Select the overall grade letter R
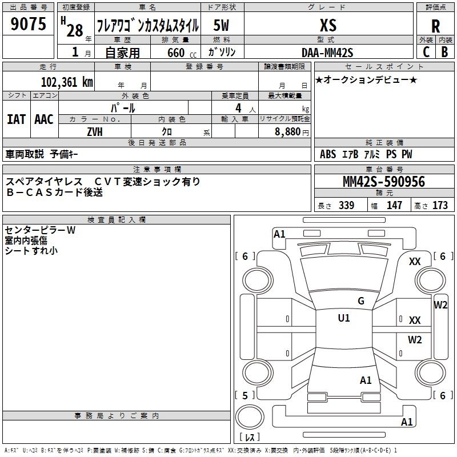click(x=435, y=26)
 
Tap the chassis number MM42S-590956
click(x=383, y=182)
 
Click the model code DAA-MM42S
click(x=327, y=53)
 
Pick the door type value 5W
click(x=222, y=25)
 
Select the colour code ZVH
click(x=95, y=131)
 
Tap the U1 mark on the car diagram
click(x=344, y=318)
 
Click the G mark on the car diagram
click(x=360, y=301)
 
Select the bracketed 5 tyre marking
click(x=245, y=395)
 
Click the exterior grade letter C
click(x=426, y=52)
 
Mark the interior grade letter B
click(x=444, y=52)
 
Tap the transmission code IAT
click(x=16, y=119)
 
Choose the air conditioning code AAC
click(x=44, y=119)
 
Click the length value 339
click(x=346, y=206)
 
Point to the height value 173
click(x=440, y=206)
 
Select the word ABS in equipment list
click(x=328, y=154)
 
